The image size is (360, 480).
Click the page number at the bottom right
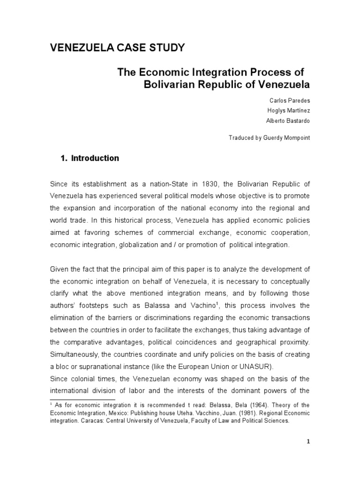[308, 442]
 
